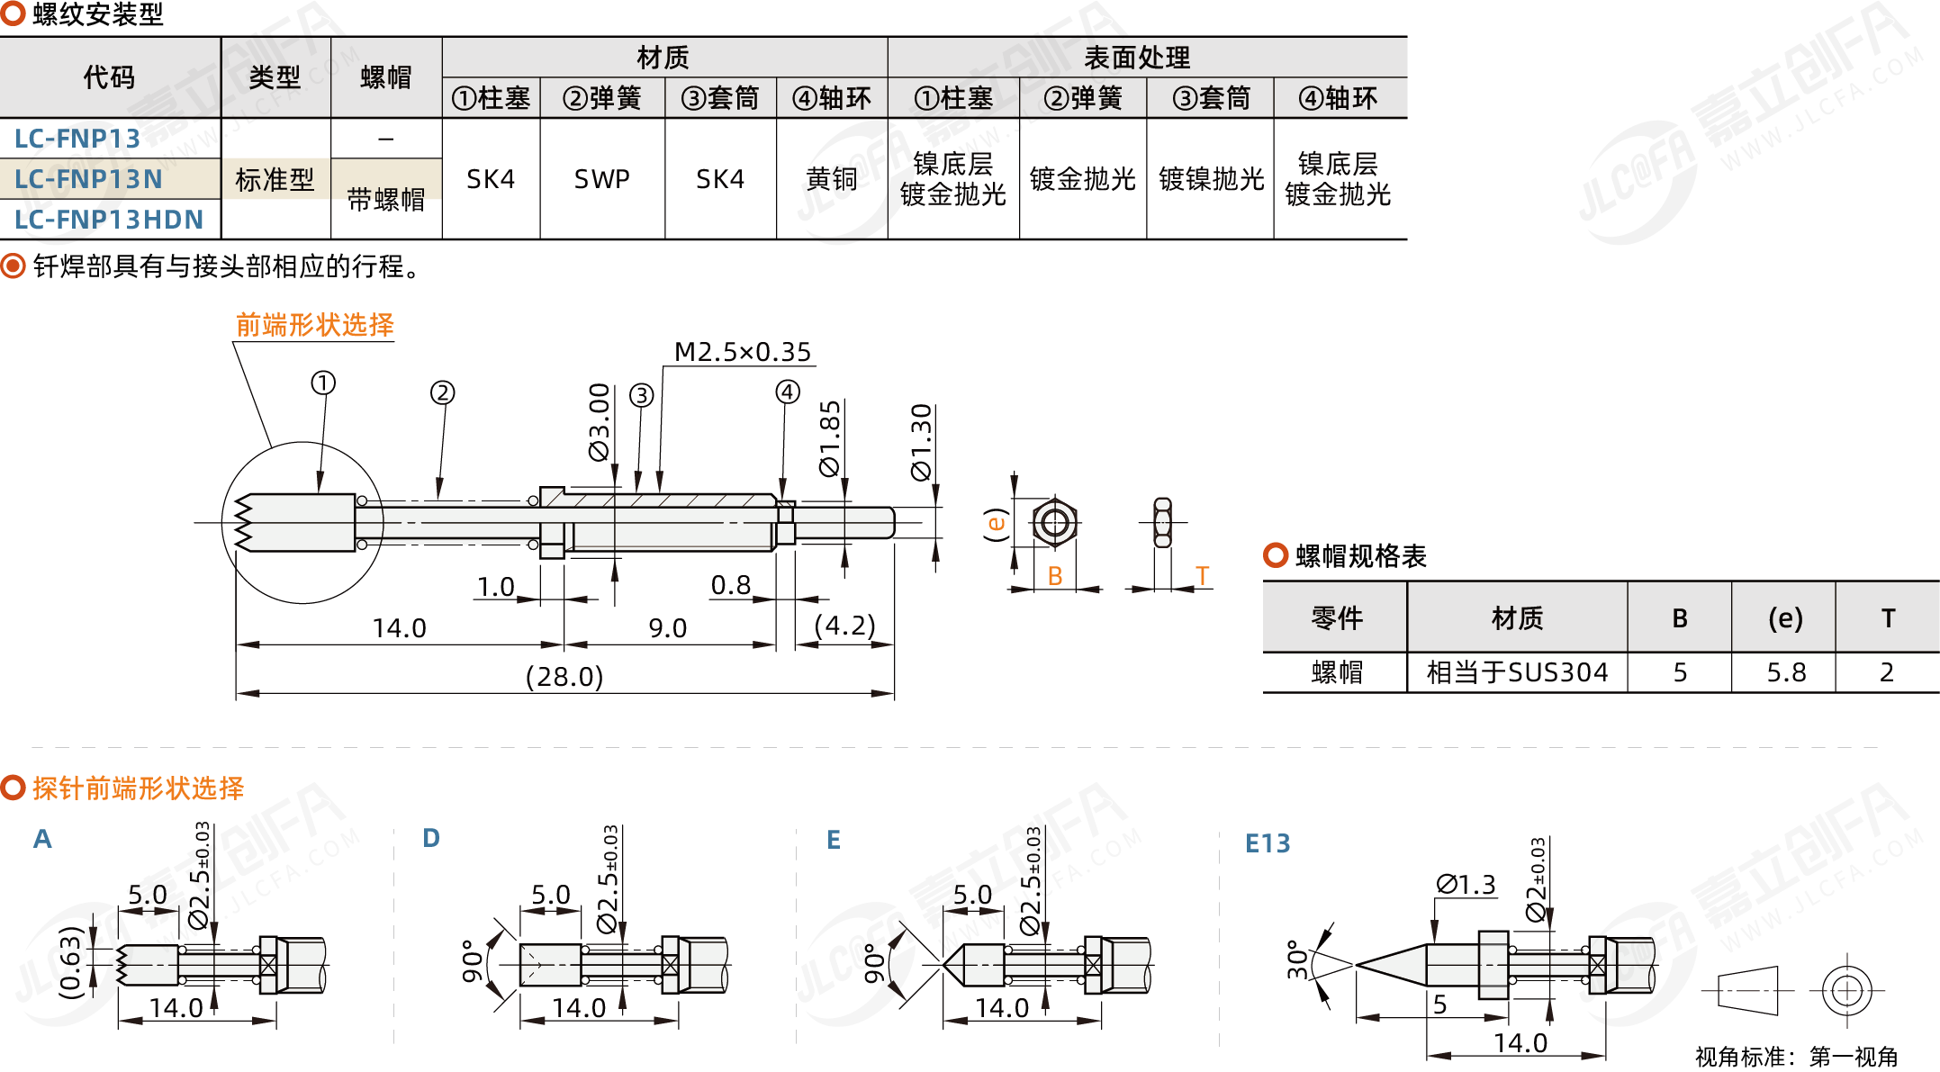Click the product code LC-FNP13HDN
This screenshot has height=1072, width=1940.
click(x=109, y=220)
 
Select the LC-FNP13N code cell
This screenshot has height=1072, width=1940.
click(x=88, y=179)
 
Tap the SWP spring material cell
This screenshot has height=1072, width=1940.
click(x=601, y=179)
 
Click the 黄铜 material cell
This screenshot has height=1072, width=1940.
click(x=831, y=179)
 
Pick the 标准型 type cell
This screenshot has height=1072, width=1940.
click(x=275, y=180)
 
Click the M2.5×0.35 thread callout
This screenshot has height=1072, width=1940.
click(x=743, y=352)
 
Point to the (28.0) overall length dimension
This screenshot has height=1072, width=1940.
click(x=564, y=676)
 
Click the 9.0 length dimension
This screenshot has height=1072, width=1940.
click(x=667, y=628)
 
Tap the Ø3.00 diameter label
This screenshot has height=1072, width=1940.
click(x=600, y=422)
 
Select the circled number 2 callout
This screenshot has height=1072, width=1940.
click(x=442, y=392)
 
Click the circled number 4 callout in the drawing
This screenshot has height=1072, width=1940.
click(x=788, y=392)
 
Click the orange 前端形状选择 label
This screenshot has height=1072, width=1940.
click(x=315, y=325)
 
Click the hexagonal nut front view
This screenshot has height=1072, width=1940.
click(x=1054, y=522)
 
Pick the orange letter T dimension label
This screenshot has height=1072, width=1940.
click(x=1202, y=576)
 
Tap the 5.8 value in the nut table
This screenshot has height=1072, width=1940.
click(x=1786, y=672)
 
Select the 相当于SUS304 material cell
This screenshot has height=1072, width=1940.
click(x=1517, y=672)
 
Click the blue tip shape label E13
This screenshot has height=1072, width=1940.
click(x=1268, y=843)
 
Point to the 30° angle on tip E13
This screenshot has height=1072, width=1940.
click(x=1297, y=960)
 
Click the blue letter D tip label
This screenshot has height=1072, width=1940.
click(x=431, y=839)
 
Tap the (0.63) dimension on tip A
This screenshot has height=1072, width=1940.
click(x=70, y=963)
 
